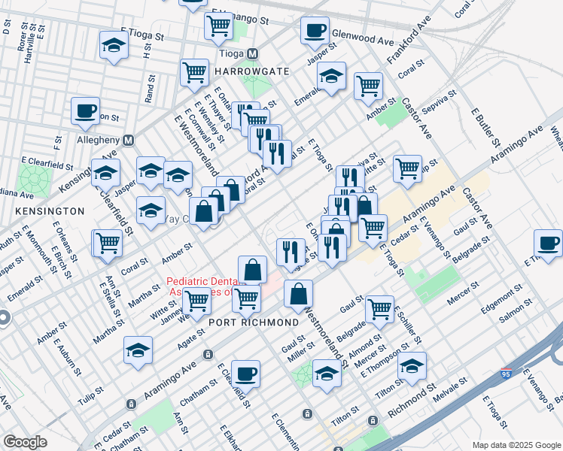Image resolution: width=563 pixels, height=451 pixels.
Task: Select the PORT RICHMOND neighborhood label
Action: coord(254,322)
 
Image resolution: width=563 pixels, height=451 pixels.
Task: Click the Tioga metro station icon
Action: coord(253,54)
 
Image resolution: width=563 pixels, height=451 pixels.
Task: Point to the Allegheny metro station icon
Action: coord(129,140)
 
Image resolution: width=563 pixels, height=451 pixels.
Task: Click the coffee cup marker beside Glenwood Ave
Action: coord(315,31)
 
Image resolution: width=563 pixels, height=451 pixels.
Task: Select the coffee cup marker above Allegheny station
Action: coord(85,112)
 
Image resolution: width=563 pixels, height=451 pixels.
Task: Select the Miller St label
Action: coord(300,355)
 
